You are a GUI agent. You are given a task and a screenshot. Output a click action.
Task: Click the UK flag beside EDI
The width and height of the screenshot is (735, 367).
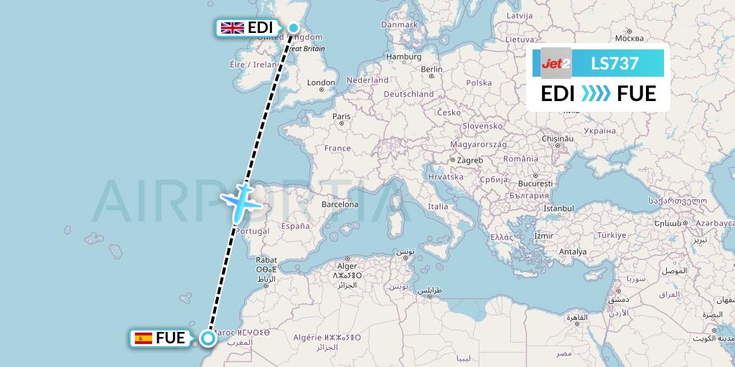(x=233, y=28)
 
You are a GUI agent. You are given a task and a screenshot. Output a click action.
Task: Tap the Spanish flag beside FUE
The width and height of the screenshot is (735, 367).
(x=144, y=338)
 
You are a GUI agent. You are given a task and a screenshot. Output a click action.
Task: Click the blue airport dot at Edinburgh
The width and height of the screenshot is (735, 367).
(x=294, y=28)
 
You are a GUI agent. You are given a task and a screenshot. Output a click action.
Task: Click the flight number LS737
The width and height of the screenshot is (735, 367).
(x=614, y=64)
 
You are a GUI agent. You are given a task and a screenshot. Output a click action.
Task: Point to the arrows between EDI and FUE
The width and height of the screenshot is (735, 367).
(x=596, y=93)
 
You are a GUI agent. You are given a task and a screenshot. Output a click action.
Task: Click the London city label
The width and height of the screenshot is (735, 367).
(x=321, y=83)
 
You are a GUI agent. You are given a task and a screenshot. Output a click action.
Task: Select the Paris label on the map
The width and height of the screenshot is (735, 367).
(x=341, y=116)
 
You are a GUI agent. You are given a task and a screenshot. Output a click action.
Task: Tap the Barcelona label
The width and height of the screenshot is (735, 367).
(x=340, y=204)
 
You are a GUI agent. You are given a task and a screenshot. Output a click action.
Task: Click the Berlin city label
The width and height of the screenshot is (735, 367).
(x=431, y=70)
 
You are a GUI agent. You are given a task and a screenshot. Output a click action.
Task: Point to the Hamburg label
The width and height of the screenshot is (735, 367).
(x=403, y=56)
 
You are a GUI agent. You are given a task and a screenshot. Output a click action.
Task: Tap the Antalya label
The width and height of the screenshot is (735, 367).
(x=573, y=252)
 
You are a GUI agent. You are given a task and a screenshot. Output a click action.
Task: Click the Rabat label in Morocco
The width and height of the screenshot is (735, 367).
(x=266, y=259)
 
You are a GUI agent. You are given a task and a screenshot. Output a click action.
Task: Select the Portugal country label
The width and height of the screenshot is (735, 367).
(x=253, y=232)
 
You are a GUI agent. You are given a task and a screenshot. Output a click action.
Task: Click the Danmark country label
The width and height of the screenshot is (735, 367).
(x=400, y=24)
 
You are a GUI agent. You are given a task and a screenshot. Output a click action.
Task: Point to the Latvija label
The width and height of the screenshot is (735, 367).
(x=519, y=15)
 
